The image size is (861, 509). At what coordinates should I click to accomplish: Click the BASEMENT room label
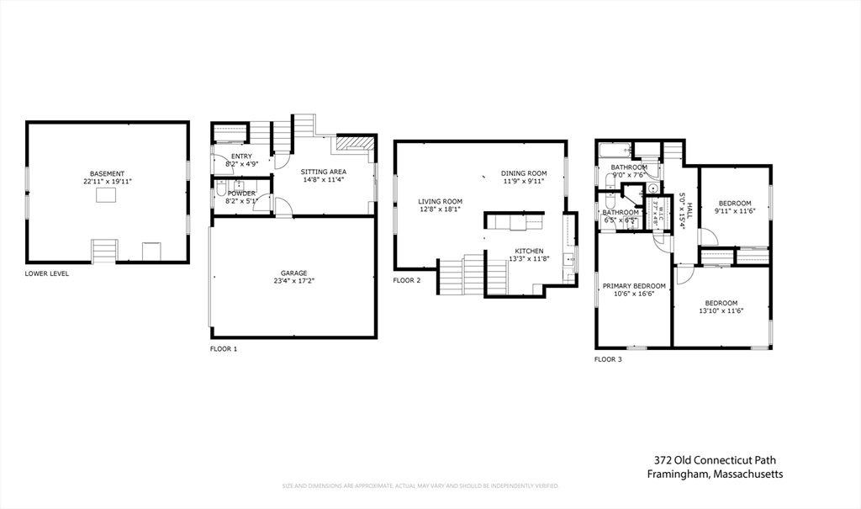pos(107,173)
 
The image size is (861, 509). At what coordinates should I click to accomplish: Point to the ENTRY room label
pos(241,156)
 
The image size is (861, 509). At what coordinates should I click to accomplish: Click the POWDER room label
pos(241,194)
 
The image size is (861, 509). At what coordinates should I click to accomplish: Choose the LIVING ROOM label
pos(441,201)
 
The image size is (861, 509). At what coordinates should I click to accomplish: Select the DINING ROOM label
pos(525,173)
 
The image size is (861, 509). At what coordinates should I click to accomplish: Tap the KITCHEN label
pos(529,251)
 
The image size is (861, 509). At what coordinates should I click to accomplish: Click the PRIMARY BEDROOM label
pos(634,286)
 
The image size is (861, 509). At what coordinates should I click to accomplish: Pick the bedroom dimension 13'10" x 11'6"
pos(721,311)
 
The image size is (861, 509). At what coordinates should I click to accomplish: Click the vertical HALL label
pos(689,209)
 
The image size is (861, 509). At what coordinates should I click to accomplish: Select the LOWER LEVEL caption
pos(47,273)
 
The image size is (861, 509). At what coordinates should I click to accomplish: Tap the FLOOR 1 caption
pos(224,348)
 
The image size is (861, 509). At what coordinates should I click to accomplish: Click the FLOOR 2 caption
pos(407,280)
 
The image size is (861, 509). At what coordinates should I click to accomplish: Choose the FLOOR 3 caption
pos(609,359)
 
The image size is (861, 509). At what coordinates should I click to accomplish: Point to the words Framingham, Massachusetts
pos(715,475)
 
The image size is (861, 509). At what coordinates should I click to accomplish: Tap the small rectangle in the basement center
pos(106,196)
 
